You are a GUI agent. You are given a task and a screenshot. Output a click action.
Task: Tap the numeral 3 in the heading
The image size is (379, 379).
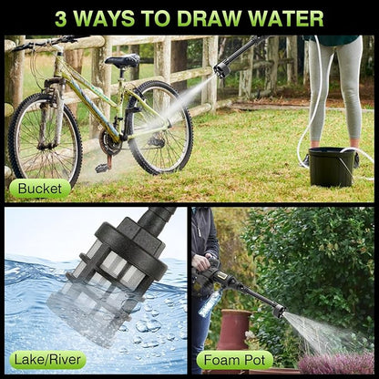61,19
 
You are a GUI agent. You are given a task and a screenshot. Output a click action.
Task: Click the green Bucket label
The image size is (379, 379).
40,189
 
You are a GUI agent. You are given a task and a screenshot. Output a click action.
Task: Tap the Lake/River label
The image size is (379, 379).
47,360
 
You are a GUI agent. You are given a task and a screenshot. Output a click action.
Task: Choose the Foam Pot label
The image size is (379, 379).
235,360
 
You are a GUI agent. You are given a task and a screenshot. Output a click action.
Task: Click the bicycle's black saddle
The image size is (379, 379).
123,61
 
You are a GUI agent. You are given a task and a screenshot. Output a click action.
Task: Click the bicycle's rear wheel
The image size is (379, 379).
160,128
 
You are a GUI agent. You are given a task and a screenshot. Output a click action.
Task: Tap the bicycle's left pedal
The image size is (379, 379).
102,168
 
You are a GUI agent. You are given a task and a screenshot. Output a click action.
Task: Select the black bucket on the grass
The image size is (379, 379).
333,167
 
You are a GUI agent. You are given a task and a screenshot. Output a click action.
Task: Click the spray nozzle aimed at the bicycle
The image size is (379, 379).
222,70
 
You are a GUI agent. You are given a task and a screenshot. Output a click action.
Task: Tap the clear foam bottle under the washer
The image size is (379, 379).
210,303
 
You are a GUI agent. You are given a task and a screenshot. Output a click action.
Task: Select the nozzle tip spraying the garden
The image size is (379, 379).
279,311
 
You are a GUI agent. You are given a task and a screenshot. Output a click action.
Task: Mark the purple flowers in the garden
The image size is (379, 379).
336,363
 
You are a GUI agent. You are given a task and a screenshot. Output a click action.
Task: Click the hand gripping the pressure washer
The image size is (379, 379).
201,261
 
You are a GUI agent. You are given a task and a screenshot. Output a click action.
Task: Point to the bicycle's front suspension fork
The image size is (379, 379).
52,116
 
